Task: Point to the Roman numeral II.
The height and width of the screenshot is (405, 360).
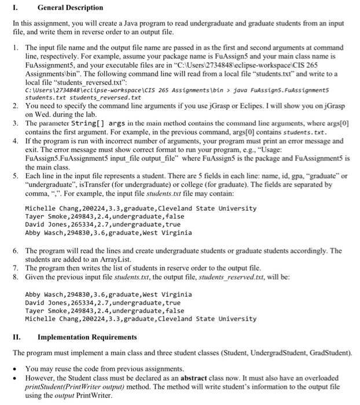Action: (x=17, y=337)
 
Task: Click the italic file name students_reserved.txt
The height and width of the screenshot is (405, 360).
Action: (x=232, y=277)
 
